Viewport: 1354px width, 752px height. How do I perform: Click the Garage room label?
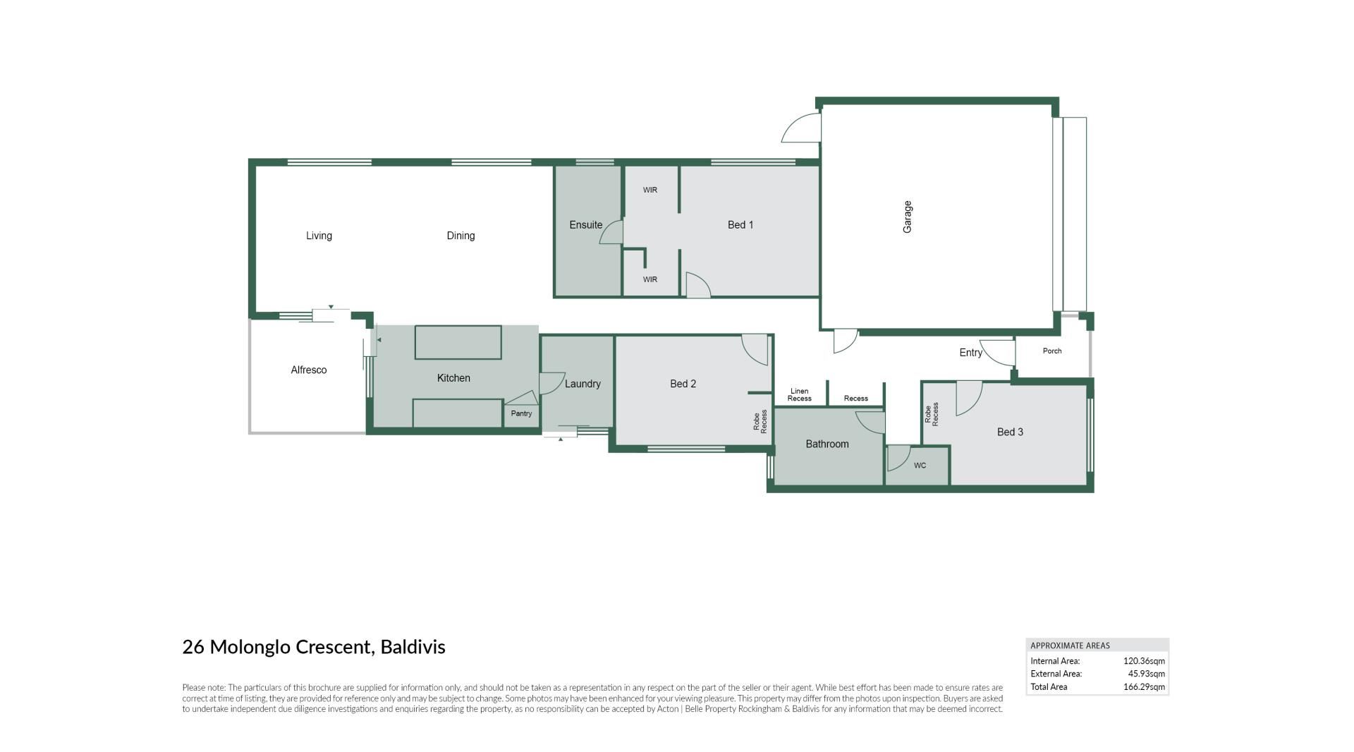click(908, 217)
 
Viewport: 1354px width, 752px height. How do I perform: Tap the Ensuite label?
click(586, 225)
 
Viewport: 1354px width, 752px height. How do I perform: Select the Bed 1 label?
click(740, 225)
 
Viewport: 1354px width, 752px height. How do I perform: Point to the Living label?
click(319, 236)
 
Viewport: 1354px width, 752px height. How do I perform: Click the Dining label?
click(461, 236)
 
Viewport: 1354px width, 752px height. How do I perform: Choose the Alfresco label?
click(309, 370)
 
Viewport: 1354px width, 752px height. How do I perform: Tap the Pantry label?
click(521, 413)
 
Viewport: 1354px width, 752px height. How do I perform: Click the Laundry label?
click(583, 384)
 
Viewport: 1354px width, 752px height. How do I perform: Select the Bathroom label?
click(827, 444)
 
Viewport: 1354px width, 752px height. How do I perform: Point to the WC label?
click(920, 466)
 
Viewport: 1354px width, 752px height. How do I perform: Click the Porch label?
click(1052, 351)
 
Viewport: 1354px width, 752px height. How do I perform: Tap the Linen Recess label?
click(799, 395)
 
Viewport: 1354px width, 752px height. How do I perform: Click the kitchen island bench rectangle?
click(458, 342)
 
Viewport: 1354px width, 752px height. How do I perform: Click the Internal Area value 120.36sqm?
click(1144, 661)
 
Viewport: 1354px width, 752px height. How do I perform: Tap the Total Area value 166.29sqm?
click(1144, 686)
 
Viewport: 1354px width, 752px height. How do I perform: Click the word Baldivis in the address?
click(413, 647)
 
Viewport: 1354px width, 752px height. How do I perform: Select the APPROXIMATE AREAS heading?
click(1070, 645)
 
